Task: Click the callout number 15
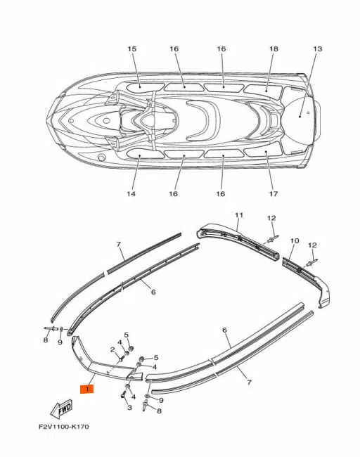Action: point(132,49)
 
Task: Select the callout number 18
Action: point(274,49)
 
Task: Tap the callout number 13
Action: point(317,49)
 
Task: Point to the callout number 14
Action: point(131,193)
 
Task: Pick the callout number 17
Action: point(274,193)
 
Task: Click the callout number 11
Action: point(239,215)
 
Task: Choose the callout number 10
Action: point(295,240)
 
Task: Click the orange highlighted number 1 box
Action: point(87,389)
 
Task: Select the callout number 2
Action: point(112,349)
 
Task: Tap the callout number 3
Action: point(129,407)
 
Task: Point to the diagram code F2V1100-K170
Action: point(64,427)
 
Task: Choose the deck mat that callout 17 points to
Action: point(263,152)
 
